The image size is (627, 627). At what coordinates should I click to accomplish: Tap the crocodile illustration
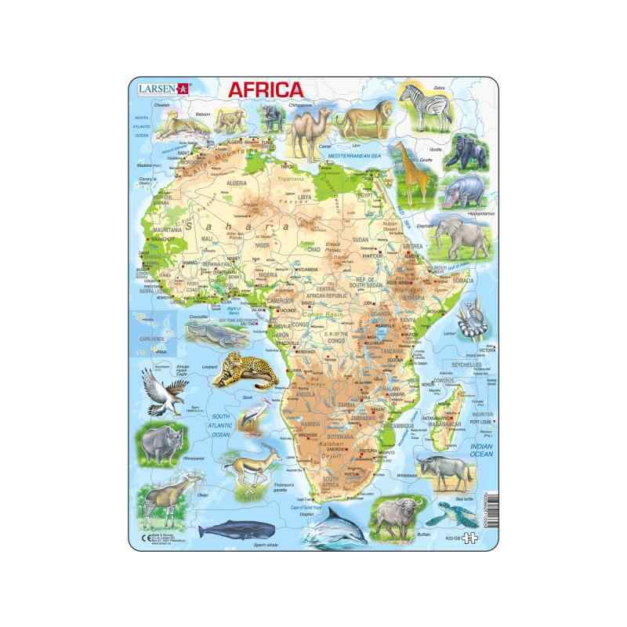211,336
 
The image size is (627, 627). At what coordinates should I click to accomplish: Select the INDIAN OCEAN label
471,448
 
